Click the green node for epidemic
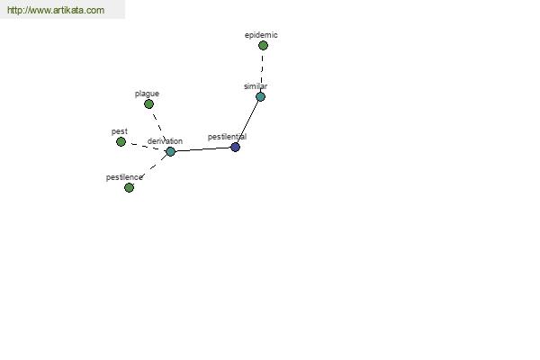pos(263,46)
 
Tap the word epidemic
pos(261,35)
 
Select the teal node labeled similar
pos(261,97)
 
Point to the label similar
pos(256,86)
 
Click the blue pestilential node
pos(235,147)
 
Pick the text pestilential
pos(227,137)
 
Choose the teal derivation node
pos(170,151)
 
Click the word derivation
pos(165,141)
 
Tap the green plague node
pos(148,104)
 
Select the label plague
pos(147,94)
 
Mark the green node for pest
pos(121,141)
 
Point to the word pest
pos(120,131)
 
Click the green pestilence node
pos(129,188)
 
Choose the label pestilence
pos(124,177)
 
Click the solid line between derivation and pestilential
pos(202,149)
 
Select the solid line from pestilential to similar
pos(248,122)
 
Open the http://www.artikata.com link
pos(56,10)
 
